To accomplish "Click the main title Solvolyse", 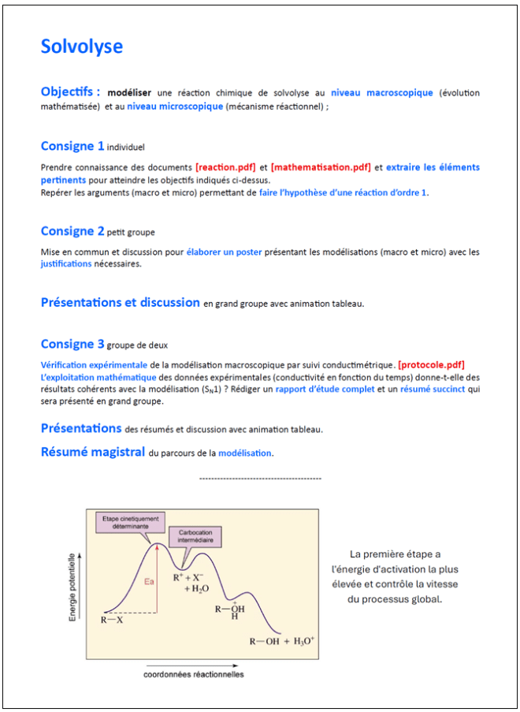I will pyautogui.click(x=82, y=47).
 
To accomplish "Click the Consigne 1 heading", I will pyautogui.click(x=72, y=146).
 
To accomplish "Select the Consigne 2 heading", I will pyautogui.click(x=72, y=231).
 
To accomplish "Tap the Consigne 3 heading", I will pyautogui.click(x=72, y=344).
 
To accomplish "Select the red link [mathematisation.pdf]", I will pyautogui.click(x=321, y=167).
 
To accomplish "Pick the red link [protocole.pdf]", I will pyautogui.click(x=432, y=364).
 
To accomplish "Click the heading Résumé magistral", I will pyautogui.click(x=93, y=452).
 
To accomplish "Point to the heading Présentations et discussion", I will pyautogui.click(x=121, y=302).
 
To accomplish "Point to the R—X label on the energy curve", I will pyautogui.click(x=112, y=620).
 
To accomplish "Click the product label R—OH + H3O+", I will pyautogui.click(x=280, y=641).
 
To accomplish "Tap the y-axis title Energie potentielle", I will pyautogui.click(x=73, y=587).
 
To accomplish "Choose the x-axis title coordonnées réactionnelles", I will pyautogui.click(x=194, y=675).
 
